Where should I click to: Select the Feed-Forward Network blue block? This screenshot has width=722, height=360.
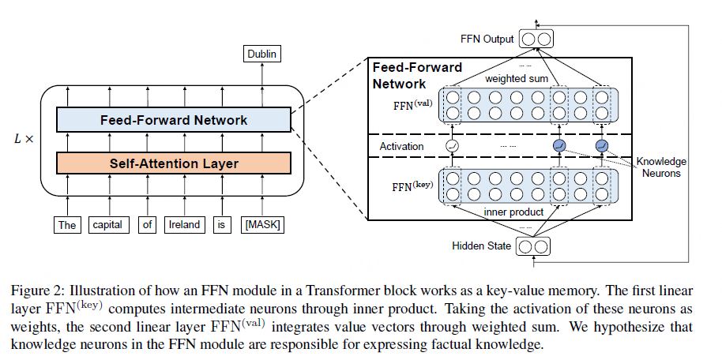tap(174, 120)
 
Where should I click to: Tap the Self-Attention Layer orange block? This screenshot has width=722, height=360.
tap(174, 163)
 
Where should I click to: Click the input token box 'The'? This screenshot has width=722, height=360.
tap(67, 225)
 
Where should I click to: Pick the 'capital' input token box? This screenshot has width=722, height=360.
tap(106, 225)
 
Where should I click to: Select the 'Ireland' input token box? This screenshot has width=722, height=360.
tap(184, 225)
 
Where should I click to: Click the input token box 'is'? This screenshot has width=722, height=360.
tap(223, 225)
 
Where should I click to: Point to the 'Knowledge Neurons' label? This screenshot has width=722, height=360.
tap(661, 167)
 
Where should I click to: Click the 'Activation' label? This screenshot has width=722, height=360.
tap(401, 146)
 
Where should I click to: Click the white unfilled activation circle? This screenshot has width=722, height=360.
tap(453, 146)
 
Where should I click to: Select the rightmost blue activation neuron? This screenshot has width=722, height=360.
tap(602, 146)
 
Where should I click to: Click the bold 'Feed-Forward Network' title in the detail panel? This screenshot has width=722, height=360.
tap(417, 75)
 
